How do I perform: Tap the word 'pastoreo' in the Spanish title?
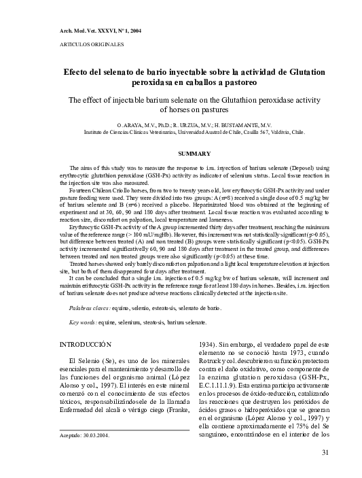pyautogui.click(x=234, y=83)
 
